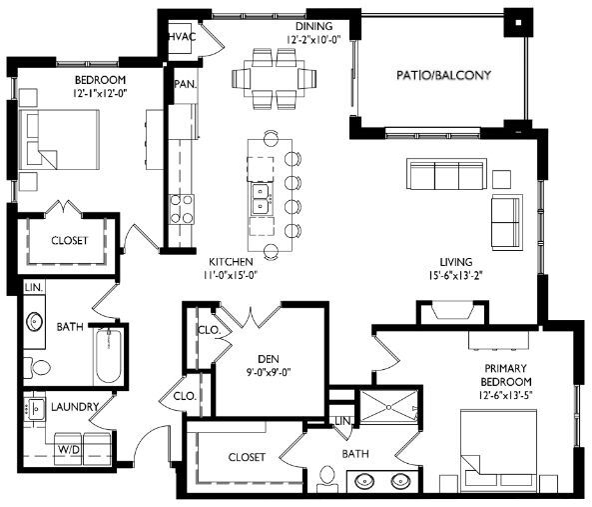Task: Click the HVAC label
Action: coord(181,37)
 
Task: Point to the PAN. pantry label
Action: coord(185,85)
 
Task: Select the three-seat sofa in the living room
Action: coord(444,176)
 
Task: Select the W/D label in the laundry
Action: coord(68,451)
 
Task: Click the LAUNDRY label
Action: coord(74,407)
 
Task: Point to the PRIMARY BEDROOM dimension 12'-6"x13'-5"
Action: coord(503,397)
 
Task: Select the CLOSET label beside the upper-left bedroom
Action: coord(69,241)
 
